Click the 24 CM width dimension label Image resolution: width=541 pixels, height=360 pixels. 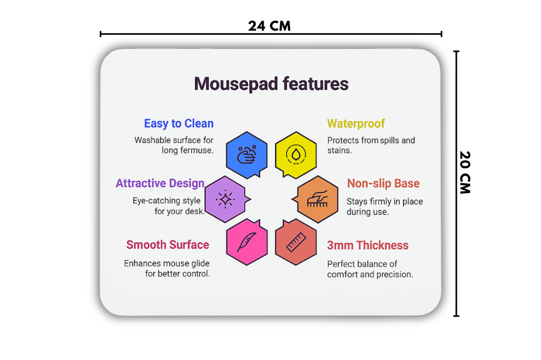(x=269, y=26)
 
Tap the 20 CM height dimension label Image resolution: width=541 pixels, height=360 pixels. (x=465, y=173)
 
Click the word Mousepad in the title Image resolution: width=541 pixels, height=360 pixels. (x=236, y=84)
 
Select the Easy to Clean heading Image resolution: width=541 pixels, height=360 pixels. (x=179, y=124)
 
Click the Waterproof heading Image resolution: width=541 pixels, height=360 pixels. (x=356, y=124)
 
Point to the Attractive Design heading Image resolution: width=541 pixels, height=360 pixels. (x=160, y=183)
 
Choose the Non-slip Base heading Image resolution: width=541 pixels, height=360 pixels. (x=384, y=183)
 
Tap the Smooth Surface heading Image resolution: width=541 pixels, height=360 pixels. (x=167, y=244)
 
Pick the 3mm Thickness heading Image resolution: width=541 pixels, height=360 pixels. (x=368, y=245)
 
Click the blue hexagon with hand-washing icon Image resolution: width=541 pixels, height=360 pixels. (x=247, y=155)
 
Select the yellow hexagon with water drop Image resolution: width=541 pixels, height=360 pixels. (x=296, y=155)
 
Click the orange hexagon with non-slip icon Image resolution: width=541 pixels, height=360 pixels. (x=317, y=200)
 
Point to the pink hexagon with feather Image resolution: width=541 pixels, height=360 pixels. (x=247, y=242)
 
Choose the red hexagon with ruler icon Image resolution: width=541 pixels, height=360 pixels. (x=296, y=242)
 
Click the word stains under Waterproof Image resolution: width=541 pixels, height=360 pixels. (x=339, y=150)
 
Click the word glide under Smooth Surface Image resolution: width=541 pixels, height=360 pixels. (x=200, y=263)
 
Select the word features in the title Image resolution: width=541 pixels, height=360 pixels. (x=315, y=84)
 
